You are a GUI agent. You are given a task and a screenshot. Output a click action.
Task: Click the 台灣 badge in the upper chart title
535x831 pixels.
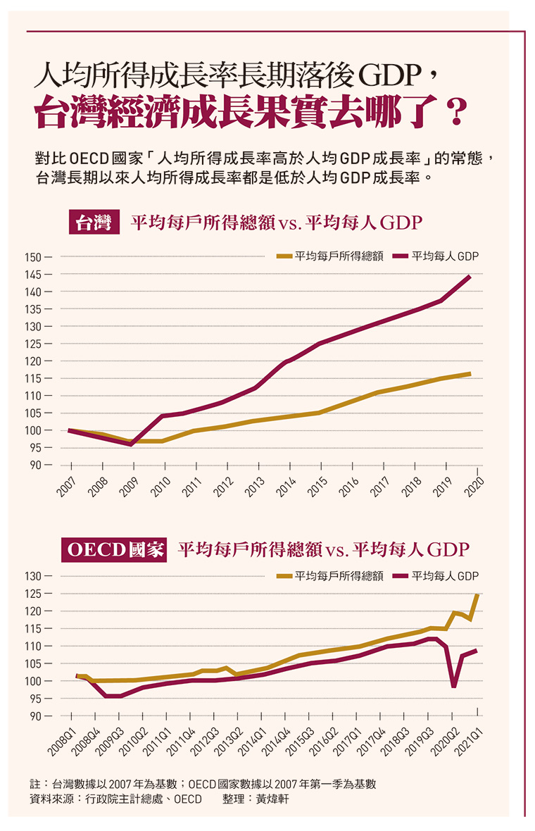pyautogui.click(x=93, y=223)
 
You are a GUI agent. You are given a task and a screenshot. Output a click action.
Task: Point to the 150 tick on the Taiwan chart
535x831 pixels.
pyautogui.click(x=33, y=257)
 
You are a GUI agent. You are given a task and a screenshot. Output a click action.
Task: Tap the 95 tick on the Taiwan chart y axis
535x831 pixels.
pyautogui.click(x=35, y=448)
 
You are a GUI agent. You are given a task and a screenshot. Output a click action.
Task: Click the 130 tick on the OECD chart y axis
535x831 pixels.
pyautogui.click(x=33, y=576)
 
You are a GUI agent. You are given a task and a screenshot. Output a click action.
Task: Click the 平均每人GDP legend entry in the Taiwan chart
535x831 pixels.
pyautogui.click(x=436, y=256)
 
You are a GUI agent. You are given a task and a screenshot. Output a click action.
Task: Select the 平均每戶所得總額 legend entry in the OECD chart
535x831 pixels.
pyautogui.click(x=330, y=575)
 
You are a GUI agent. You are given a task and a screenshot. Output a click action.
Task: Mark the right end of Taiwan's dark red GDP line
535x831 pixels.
pyautogui.click(x=470, y=277)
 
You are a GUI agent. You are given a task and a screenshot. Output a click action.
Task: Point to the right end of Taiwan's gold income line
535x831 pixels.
pyautogui.click(x=470, y=373)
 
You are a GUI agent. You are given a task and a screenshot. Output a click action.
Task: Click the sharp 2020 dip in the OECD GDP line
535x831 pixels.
pyautogui.click(x=454, y=686)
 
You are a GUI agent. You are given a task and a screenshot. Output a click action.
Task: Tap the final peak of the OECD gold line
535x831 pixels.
pyautogui.click(x=478, y=595)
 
